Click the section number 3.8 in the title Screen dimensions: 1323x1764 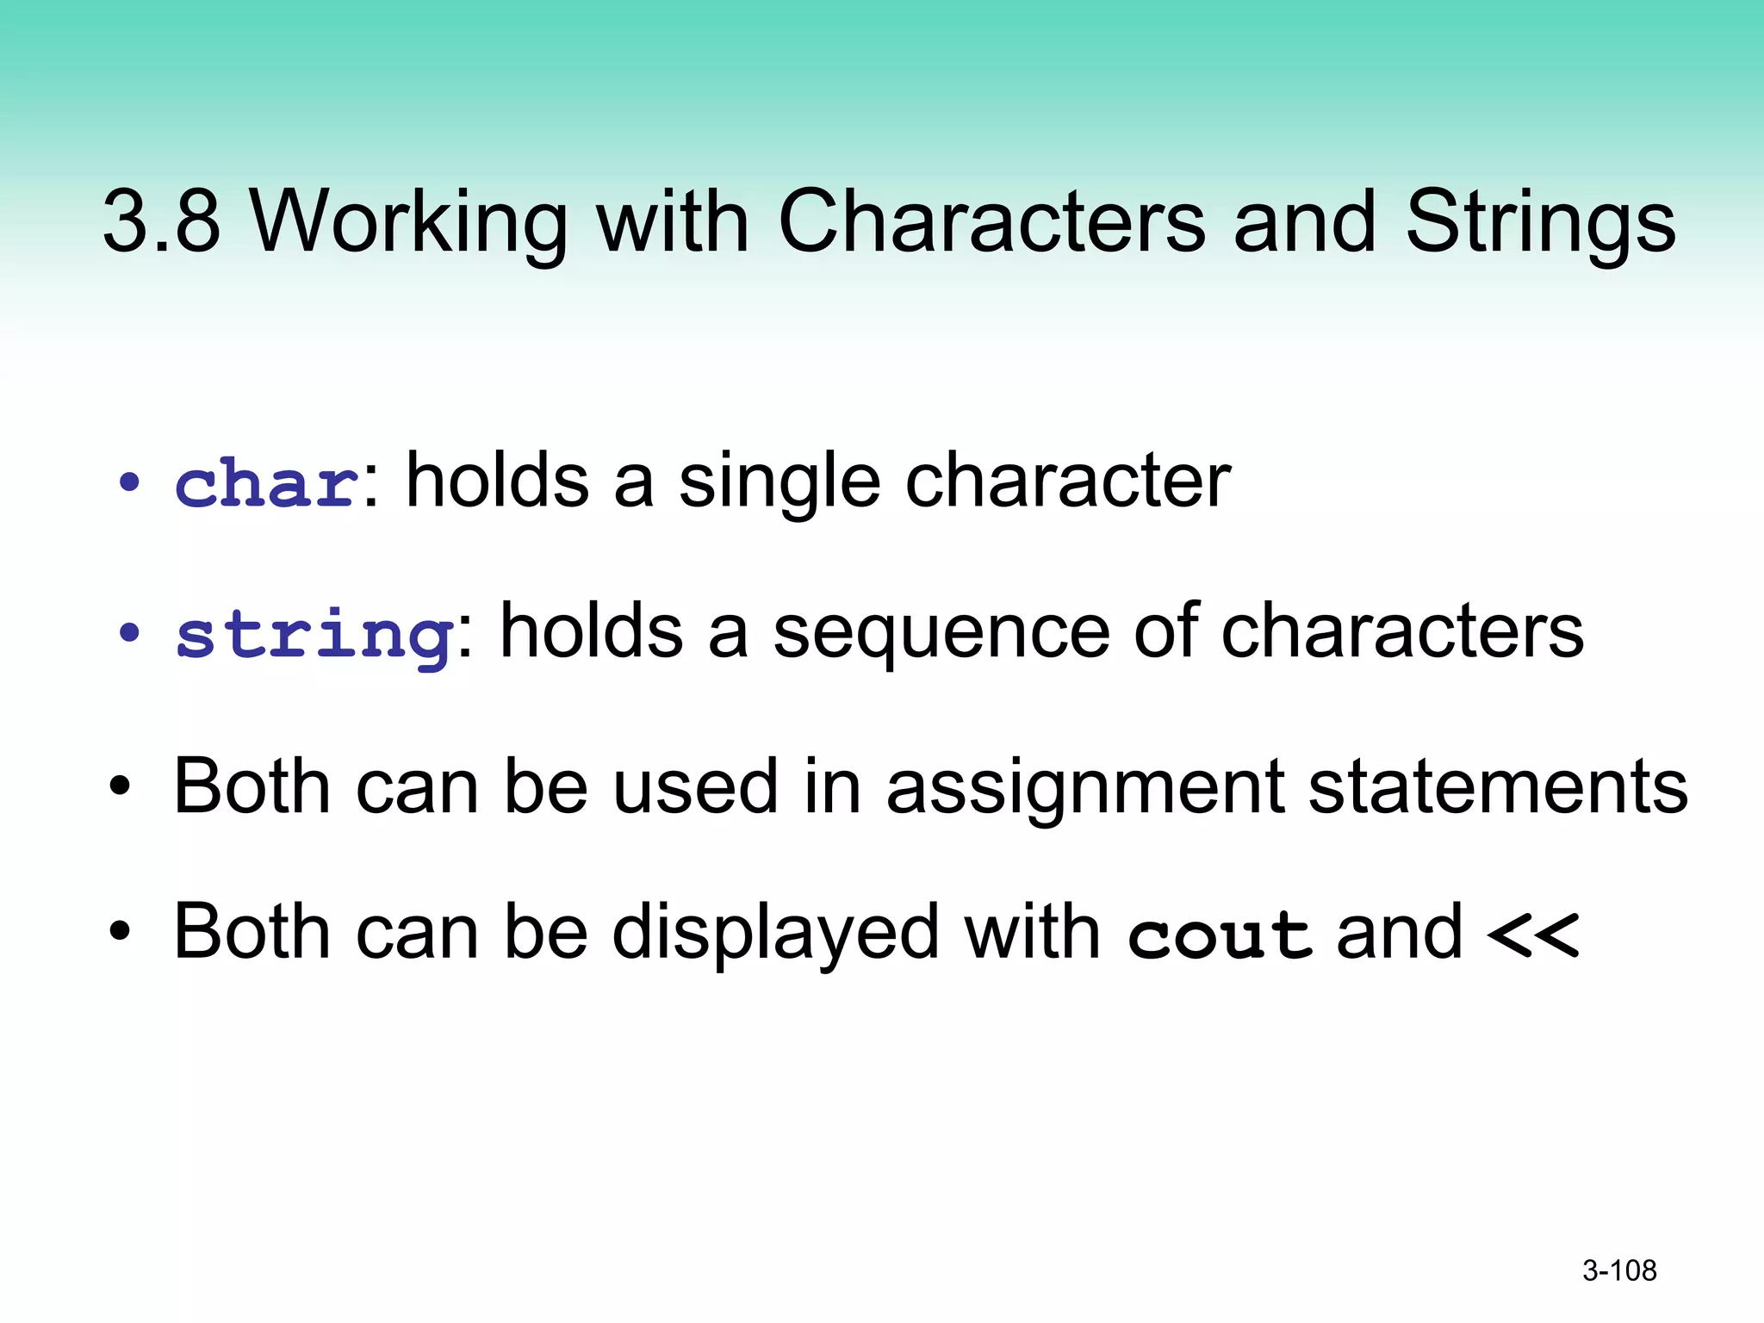[162, 221]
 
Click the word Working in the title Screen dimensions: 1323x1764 [408, 221]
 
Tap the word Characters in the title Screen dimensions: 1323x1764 [991, 221]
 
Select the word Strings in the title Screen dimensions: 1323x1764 [1540, 221]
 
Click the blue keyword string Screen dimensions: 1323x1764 [314, 635]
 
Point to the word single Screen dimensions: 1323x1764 [780, 482]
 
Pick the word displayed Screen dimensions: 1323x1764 [775, 934]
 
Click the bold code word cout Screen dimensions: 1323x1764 [1220, 935]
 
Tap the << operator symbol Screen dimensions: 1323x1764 [1532, 935]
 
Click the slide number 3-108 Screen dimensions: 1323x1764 [1619, 1270]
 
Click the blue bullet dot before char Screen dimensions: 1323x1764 [129, 483]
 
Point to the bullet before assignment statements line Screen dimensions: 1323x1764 [120, 786]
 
